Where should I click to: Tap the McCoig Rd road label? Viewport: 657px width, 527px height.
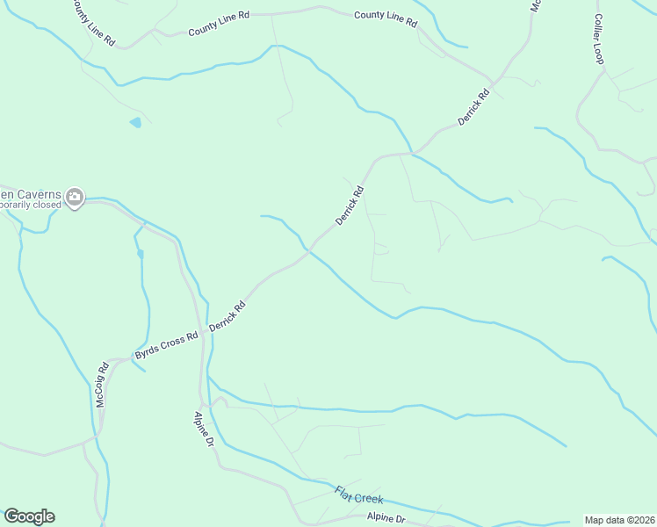(102, 384)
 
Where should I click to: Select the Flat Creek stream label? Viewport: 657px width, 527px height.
(358, 495)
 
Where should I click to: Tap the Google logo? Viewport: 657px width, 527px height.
(29, 516)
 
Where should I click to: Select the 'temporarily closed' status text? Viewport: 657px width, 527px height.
(31, 205)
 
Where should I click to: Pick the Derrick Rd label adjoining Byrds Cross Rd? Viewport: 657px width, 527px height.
(227, 317)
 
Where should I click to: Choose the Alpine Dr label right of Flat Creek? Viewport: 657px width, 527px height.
(386, 518)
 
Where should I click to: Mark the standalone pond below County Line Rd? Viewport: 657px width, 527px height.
(135, 123)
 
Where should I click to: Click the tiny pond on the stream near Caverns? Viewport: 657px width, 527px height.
(140, 254)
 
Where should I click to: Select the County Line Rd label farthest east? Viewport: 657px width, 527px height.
(386, 18)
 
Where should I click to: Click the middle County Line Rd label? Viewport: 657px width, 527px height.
(220, 30)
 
